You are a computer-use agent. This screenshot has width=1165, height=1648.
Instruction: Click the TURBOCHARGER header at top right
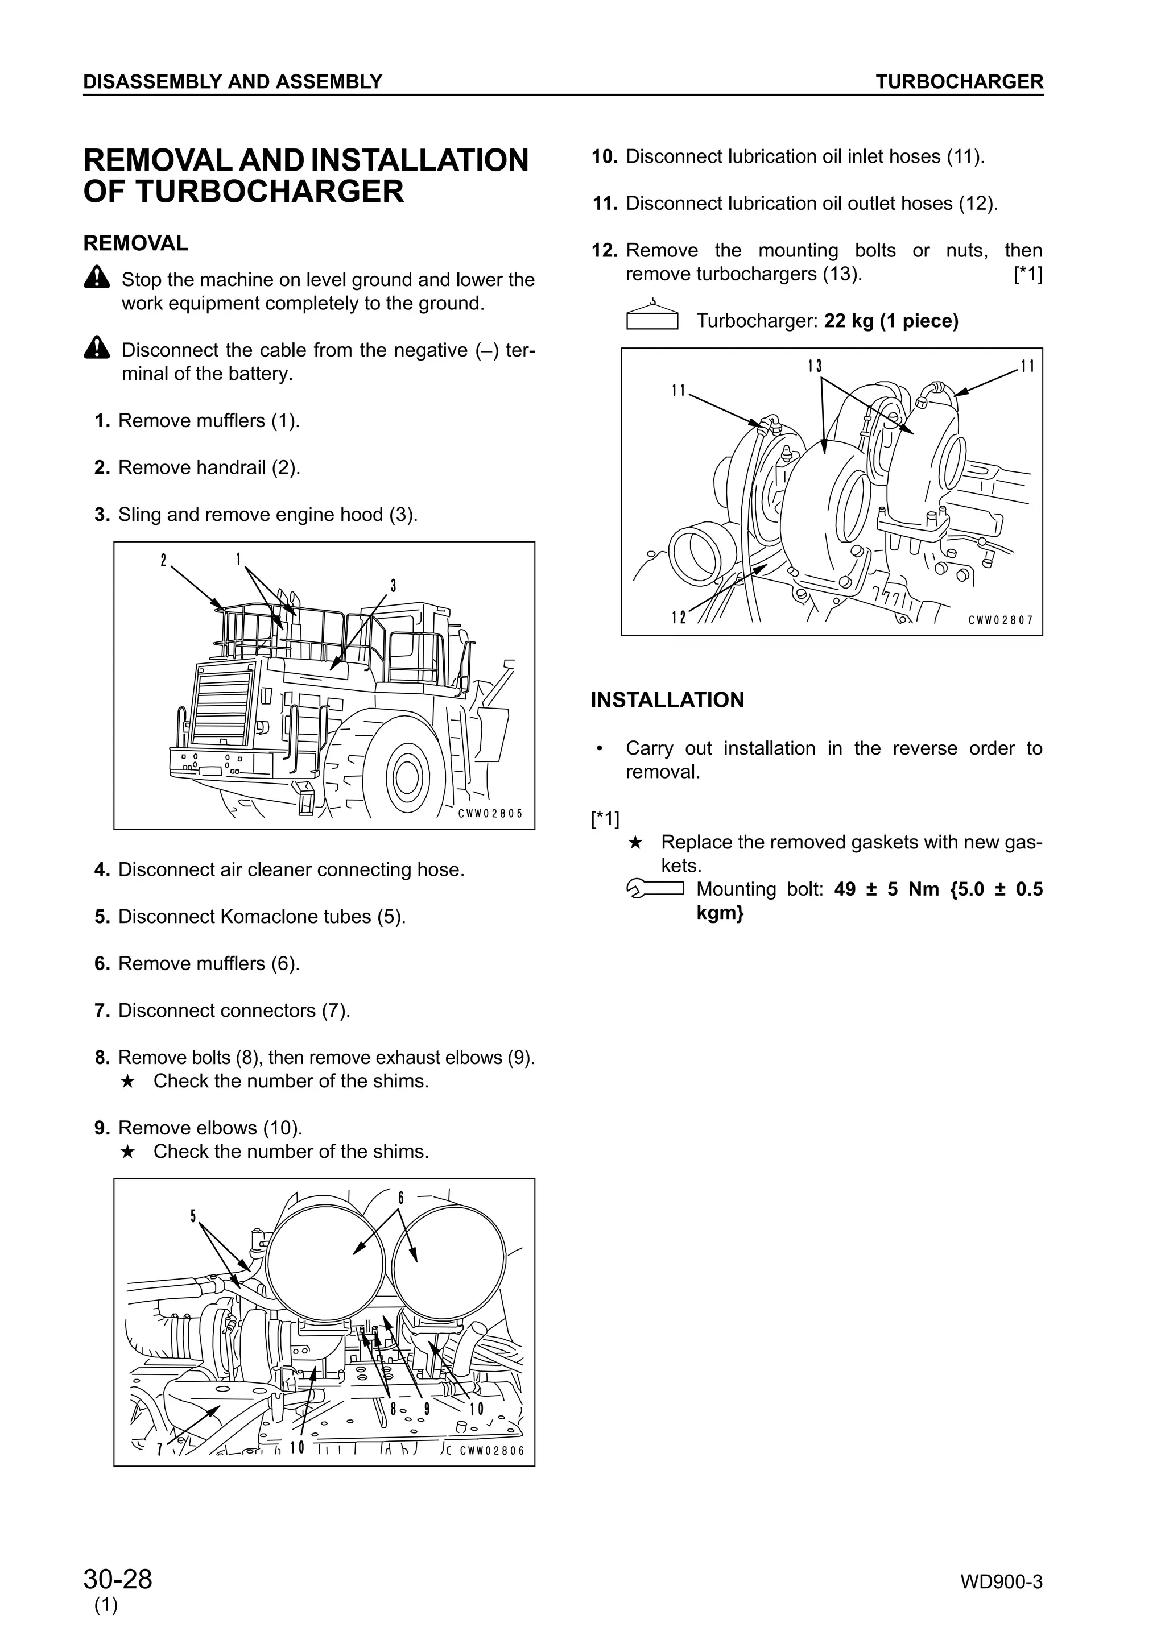pyautogui.click(x=959, y=82)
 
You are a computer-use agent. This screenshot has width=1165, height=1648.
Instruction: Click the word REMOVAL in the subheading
pyautogui.click(x=135, y=243)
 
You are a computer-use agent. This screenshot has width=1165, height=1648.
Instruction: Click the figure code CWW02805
pyautogui.click(x=490, y=814)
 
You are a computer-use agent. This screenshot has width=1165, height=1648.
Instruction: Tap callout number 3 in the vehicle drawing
pyautogui.click(x=393, y=586)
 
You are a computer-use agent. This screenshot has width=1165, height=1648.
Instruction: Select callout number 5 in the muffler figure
pyautogui.click(x=193, y=1216)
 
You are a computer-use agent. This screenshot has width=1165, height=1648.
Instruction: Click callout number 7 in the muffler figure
pyautogui.click(x=159, y=1448)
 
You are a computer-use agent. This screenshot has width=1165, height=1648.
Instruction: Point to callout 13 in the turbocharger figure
pyautogui.click(x=814, y=366)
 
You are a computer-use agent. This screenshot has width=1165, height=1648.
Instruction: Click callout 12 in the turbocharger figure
pyautogui.click(x=678, y=616)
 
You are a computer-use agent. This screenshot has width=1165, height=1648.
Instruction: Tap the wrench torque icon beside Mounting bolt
pyautogui.click(x=654, y=889)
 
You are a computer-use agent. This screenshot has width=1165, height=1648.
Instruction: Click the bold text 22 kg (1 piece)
pyautogui.click(x=891, y=321)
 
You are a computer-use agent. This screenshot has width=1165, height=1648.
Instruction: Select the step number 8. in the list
pyautogui.click(x=102, y=1057)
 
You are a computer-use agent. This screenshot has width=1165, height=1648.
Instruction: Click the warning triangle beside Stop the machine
pyautogui.click(x=96, y=277)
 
